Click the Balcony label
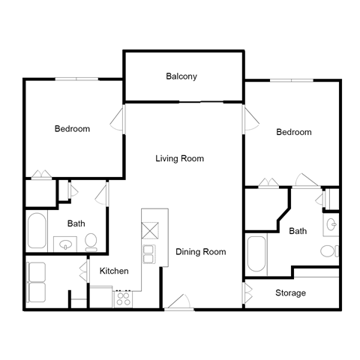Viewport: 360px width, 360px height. [181, 76]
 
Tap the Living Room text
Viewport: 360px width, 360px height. [180, 158]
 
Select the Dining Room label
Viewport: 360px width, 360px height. [200, 252]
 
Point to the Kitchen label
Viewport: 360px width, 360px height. [114, 271]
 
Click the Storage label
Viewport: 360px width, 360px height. [290, 292]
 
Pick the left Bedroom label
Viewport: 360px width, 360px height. [72, 129]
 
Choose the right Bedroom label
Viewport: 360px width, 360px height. [293, 132]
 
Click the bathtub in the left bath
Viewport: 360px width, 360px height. [37, 232]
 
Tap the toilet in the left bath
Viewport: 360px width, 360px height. [91, 241]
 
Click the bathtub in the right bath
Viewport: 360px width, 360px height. [256, 255]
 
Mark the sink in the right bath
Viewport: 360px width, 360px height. [332, 223]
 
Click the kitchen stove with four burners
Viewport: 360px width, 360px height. [122, 298]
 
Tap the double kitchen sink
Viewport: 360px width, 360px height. [148, 253]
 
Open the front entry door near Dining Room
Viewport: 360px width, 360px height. [179, 302]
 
